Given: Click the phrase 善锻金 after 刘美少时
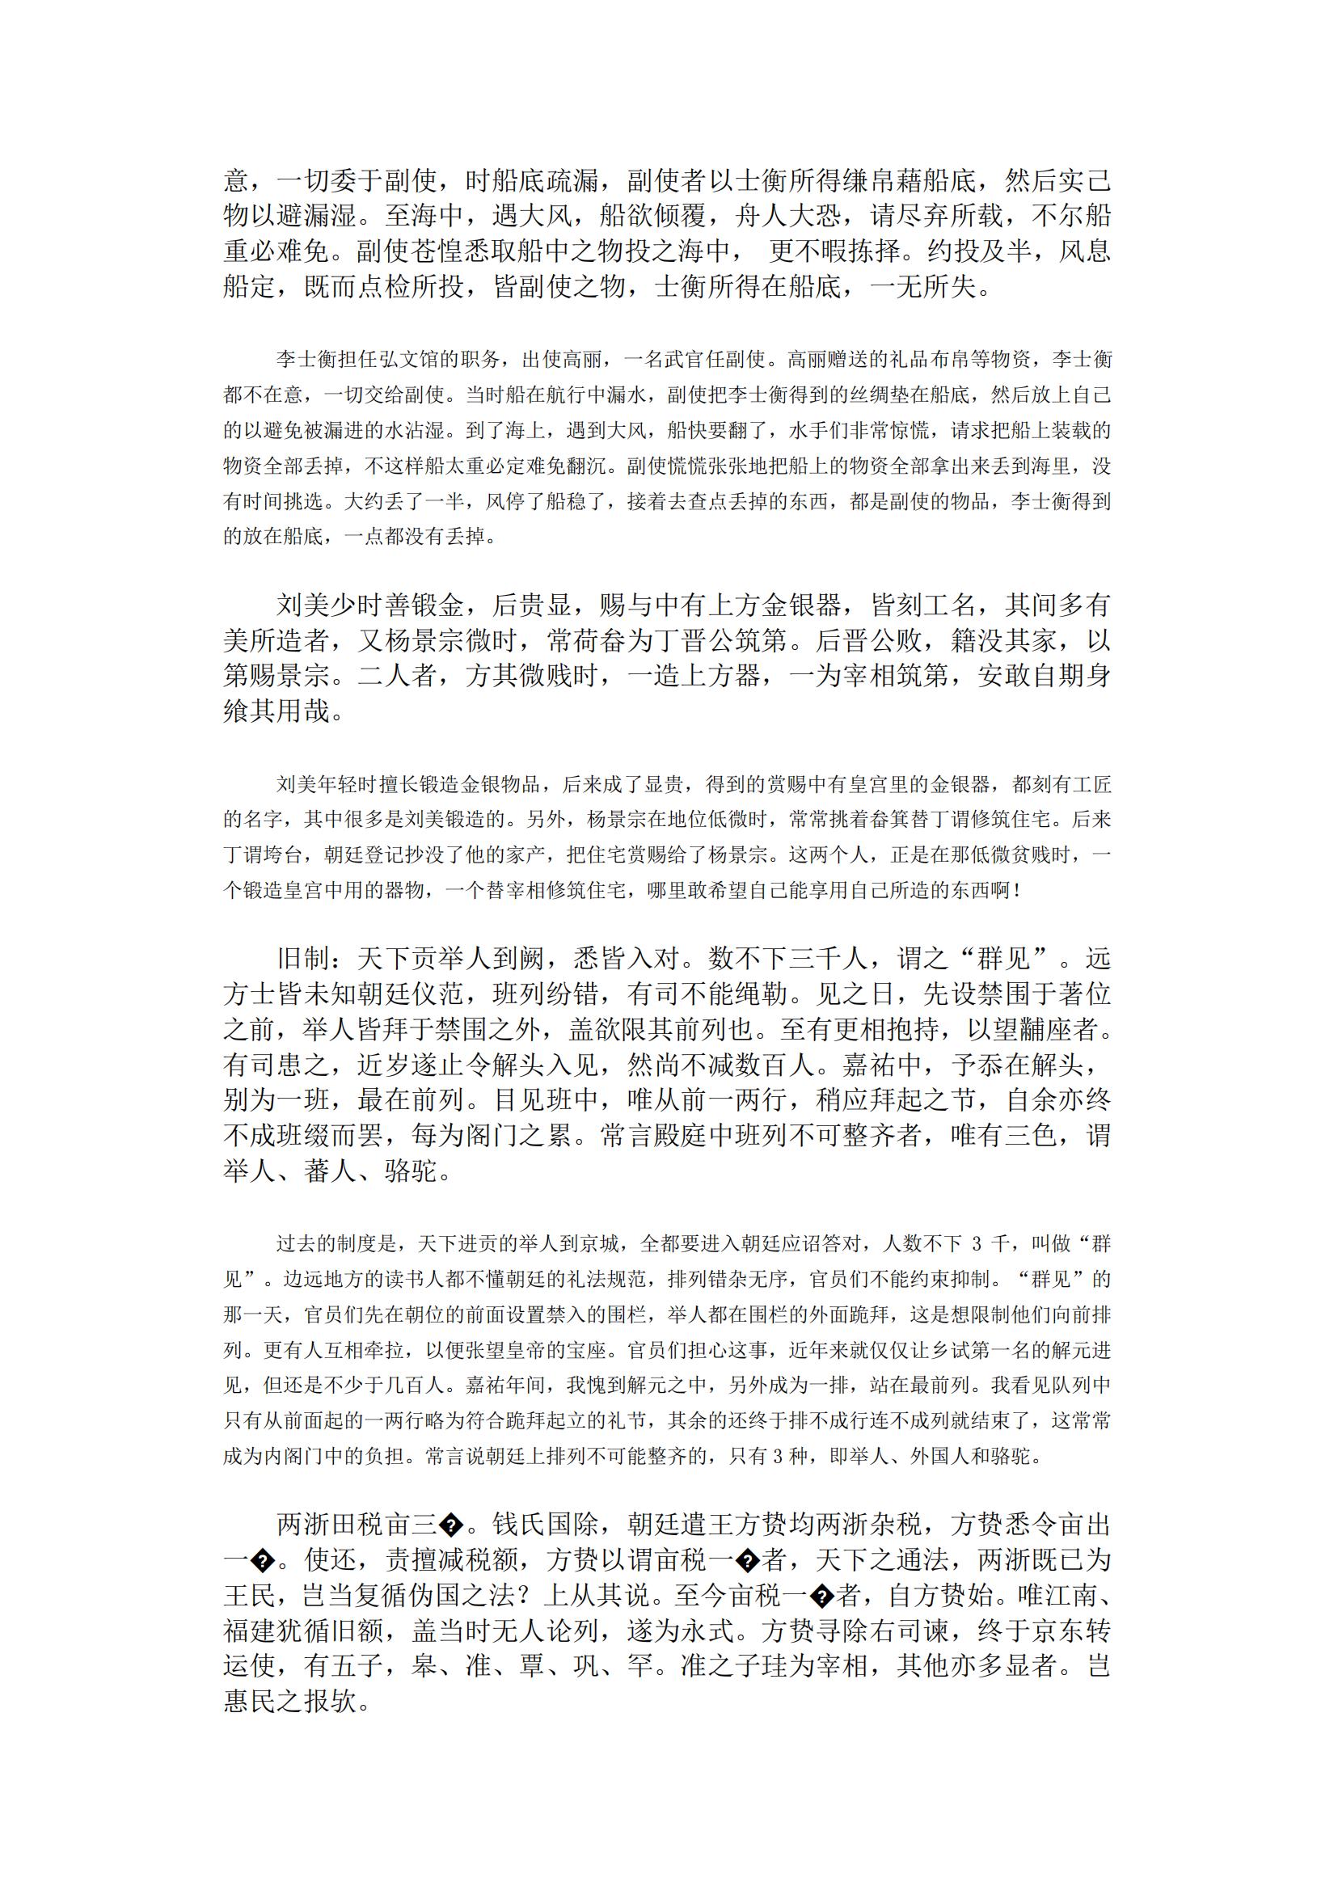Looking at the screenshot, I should coord(424,605).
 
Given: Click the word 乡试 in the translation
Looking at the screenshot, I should coord(898,1350).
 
